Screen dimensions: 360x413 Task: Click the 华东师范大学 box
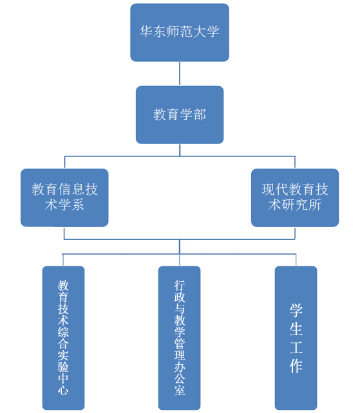180,32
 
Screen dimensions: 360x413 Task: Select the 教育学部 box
180,115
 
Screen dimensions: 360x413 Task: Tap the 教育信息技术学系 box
64,197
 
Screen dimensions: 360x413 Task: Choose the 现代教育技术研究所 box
295,197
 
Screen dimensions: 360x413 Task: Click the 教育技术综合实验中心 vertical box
63,338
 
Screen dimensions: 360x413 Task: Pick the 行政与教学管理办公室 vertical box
179,338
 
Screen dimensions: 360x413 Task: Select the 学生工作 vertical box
296,338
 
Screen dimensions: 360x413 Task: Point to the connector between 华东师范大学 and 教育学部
180,73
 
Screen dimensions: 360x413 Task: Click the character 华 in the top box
146,32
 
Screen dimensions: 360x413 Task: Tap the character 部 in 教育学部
200,115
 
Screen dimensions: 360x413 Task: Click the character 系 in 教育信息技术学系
77,205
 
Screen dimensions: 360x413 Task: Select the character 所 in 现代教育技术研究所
315,205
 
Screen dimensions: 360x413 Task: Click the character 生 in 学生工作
296,329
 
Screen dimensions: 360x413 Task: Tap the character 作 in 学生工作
296,367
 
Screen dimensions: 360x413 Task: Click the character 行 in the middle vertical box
179,285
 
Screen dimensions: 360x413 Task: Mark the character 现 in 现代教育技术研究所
269,190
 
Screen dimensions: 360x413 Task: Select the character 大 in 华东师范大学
200,32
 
